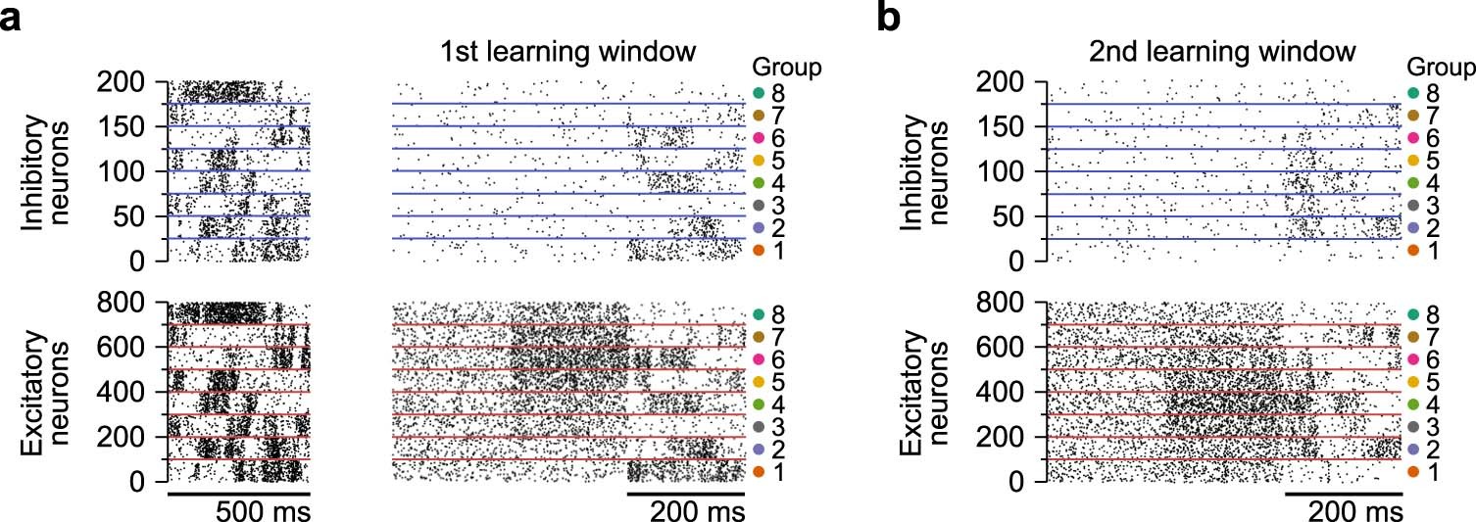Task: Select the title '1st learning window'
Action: pos(567,50)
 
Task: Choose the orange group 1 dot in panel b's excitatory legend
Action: pos(1412,473)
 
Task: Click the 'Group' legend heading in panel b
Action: pos(1441,68)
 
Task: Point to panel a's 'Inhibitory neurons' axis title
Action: pos(44,172)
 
